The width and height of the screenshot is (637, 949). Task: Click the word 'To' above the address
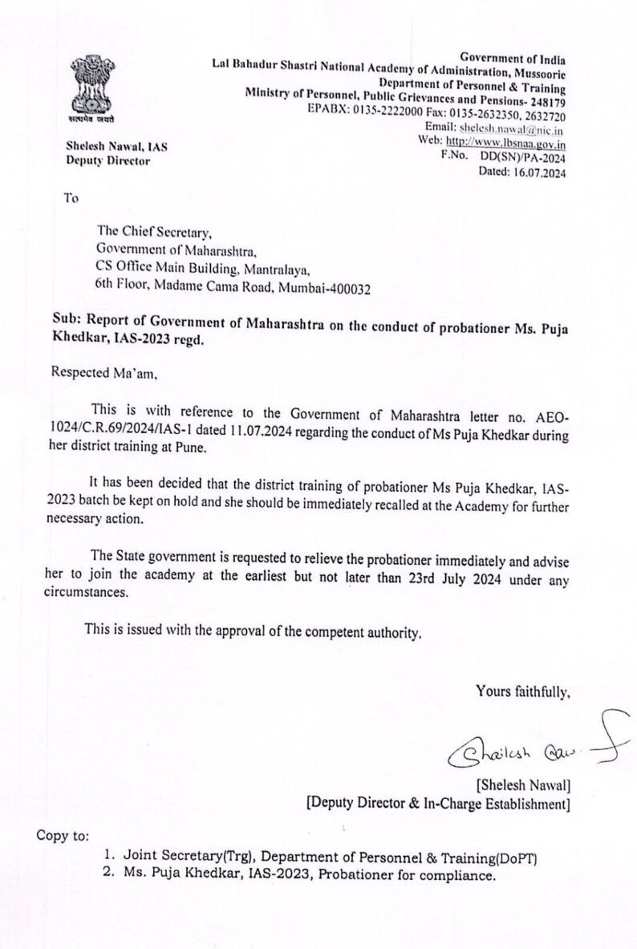71,198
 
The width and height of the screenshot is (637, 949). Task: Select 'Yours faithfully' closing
522,690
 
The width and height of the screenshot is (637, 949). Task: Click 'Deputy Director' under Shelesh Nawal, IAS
108,160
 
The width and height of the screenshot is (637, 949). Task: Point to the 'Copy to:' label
63,835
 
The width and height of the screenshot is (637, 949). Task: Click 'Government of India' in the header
513,59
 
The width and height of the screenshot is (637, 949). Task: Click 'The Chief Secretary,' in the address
154,233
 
